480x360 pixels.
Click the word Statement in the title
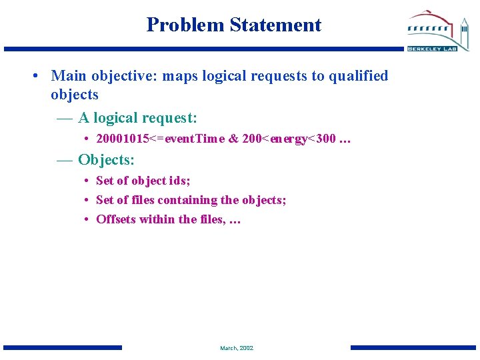coord(275,25)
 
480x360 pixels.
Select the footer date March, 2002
coord(237,348)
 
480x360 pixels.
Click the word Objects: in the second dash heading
coord(106,160)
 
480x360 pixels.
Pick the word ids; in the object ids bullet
coord(179,181)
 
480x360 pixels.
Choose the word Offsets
coord(116,219)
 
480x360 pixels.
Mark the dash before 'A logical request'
coord(65,119)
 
